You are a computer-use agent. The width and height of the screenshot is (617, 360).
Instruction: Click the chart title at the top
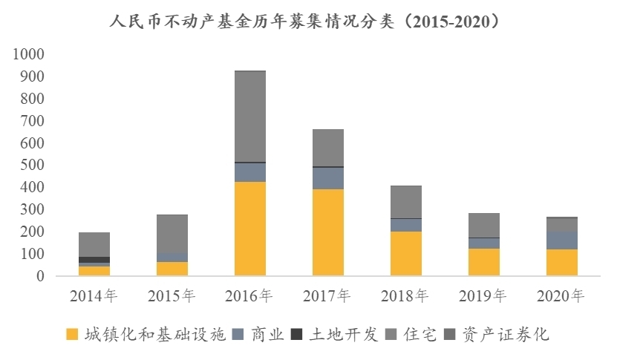tap(308, 22)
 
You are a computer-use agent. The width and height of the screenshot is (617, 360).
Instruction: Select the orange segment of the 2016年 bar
tap(249, 229)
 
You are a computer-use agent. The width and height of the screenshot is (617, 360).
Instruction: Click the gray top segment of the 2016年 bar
tap(249, 116)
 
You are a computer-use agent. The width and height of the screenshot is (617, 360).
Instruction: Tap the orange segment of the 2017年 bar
tap(327, 232)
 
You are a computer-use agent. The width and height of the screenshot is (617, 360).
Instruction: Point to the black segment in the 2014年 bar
tap(94, 260)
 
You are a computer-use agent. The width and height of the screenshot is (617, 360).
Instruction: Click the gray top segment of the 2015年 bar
tap(172, 233)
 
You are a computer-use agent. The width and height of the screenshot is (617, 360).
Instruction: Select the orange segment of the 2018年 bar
tap(405, 253)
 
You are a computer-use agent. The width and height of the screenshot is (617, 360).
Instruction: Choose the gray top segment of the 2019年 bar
tap(483, 225)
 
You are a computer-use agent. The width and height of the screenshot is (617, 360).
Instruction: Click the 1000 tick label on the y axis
tap(28, 54)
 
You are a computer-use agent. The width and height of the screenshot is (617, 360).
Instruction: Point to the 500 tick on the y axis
tap(32, 165)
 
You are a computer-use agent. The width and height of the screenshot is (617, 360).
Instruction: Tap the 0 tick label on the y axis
tap(40, 276)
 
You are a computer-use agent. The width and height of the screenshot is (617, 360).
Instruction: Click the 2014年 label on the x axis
tap(94, 296)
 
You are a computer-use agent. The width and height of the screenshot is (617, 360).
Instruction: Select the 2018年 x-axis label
tap(405, 296)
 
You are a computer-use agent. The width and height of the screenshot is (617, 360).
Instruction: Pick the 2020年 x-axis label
tap(561, 296)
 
